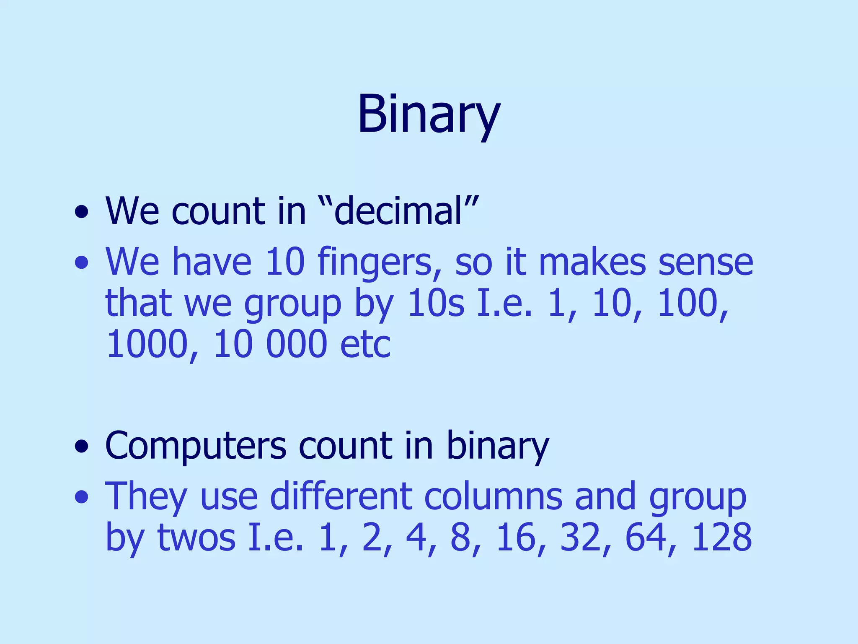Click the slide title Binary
(429, 114)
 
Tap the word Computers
(196, 446)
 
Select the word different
(341, 496)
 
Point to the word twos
(196, 538)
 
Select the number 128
(721, 538)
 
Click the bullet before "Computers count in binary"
(82, 447)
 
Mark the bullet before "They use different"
(82, 497)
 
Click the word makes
(592, 262)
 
